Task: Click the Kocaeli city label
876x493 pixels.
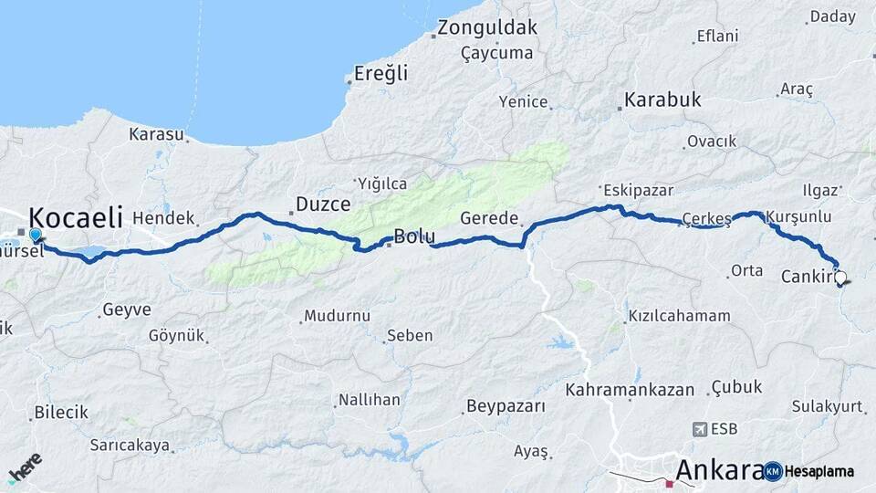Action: tap(76, 217)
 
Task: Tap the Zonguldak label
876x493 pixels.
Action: tap(487, 27)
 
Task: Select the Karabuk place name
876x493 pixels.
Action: tap(662, 100)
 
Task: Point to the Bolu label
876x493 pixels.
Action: tap(413, 237)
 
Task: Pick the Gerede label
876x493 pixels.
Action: tap(489, 219)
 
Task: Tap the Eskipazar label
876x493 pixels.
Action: tap(638, 191)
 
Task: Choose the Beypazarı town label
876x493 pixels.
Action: tap(506, 405)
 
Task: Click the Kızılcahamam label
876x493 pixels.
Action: tap(679, 316)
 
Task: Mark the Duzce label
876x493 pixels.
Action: tap(324, 205)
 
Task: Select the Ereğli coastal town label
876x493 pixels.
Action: tap(381, 74)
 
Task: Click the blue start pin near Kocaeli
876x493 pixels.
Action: tap(36, 236)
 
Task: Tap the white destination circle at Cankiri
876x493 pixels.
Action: tap(839, 277)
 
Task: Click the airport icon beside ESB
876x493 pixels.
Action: tap(700, 429)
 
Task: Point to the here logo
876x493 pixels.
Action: tap(25, 468)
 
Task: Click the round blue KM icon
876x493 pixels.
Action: tap(773, 471)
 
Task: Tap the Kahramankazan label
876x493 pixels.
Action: tap(630, 390)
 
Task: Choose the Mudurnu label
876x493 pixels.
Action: tap(337, 316)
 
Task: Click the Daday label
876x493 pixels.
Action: tap(833, 16)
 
